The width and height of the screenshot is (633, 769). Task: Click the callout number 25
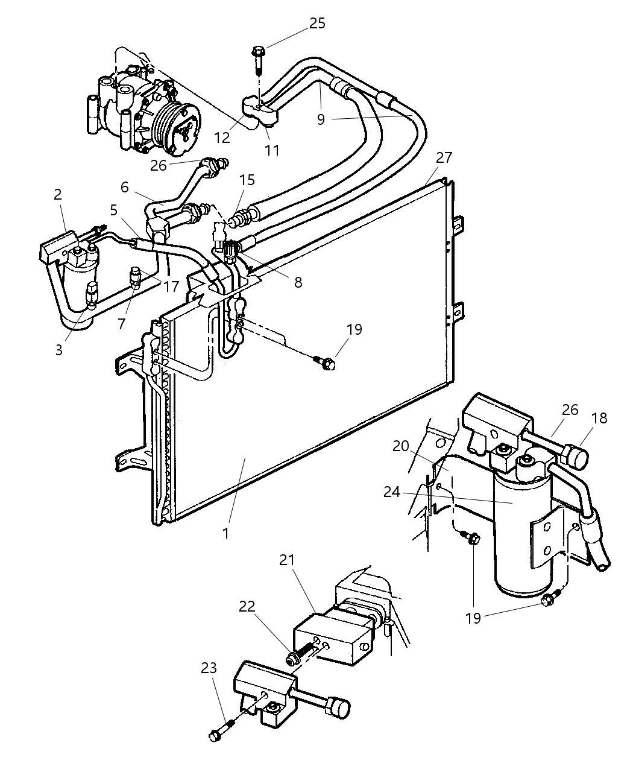coord(317,24)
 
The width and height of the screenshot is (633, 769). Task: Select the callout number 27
coord(444,157)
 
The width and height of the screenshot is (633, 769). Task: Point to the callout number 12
coord(222,138)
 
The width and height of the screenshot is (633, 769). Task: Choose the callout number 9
coord(321,119)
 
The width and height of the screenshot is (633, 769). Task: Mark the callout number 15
coord(247,180)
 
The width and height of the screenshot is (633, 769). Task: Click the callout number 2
coord(58,194)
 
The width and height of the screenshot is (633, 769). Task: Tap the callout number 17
coord(171,285)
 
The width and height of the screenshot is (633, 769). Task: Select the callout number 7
coord(121,324)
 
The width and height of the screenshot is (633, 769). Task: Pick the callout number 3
coord(58,350)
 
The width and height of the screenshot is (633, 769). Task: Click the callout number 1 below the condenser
coord(225,533)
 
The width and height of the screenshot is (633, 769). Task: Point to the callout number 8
coord(298,282)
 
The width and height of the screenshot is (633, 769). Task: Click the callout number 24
coord(392,492)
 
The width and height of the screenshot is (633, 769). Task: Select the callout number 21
coord(287,560)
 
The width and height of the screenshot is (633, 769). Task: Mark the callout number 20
coord(401,446)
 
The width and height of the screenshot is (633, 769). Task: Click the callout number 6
coord(124,187)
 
